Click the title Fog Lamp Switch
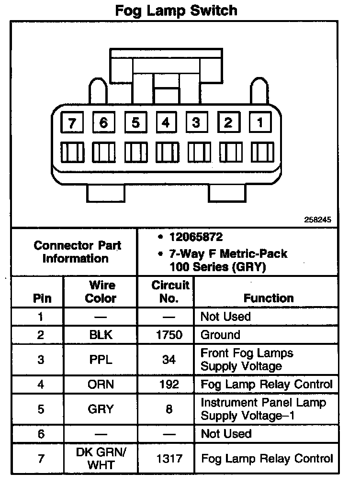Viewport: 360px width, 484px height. (x=176, y=10)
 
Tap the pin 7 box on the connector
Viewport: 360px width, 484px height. (x=72, y=123)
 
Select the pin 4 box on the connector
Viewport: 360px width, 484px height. (x=166, y=122)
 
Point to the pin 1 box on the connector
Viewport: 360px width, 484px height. (x=260, y=122)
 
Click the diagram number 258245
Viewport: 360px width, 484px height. (x=317, y=220)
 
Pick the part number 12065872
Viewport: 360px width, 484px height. (x=196, y=237)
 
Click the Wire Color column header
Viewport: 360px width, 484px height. (x=101, y=292)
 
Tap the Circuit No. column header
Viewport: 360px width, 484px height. (x=170, y=292)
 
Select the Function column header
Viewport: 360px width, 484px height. (x=269, y=298)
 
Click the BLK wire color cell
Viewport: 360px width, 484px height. (x=101, y=335)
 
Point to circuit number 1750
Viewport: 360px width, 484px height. (x=169, y=335)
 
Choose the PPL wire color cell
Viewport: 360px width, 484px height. (x=101, y=360)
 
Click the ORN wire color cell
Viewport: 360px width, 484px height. (x=101, y=384)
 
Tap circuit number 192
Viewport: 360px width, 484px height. (x=169, y=384)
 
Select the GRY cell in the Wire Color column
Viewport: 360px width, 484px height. (x=101, y=409)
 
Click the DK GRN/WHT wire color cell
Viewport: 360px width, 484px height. (x=101, y=458)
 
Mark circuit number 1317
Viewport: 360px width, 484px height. (x=169, y=459)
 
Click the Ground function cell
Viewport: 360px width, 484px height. (x=220, y=335)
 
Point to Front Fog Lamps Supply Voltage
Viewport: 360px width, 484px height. (x=247, y=360)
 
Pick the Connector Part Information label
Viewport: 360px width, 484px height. (x=77, y=252)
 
